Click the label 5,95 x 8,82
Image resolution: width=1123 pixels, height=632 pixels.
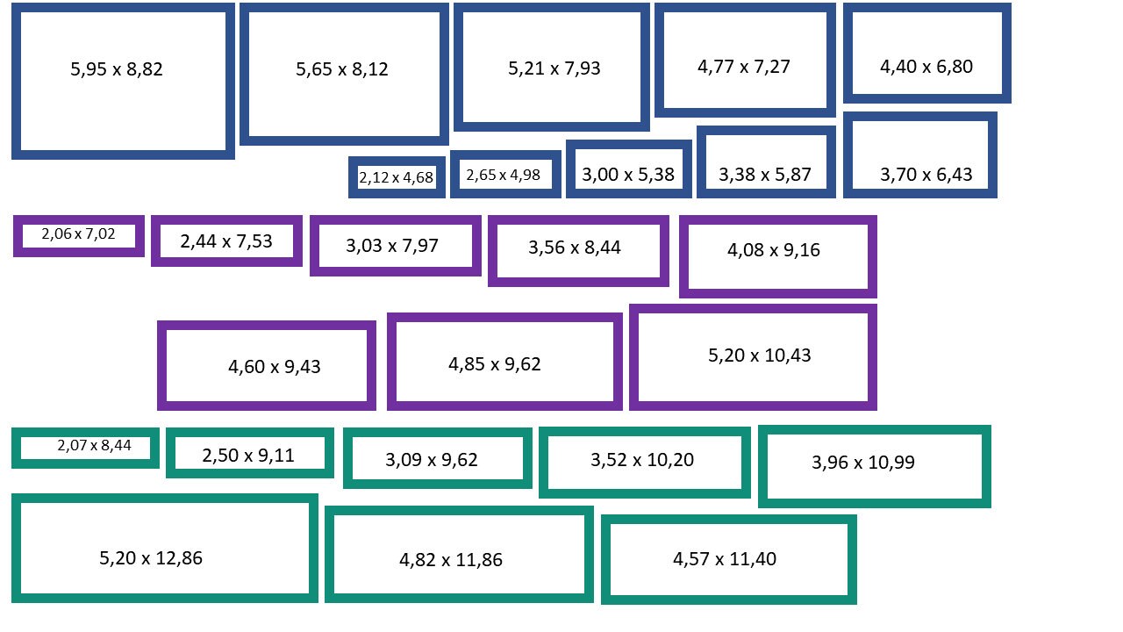coord(117,69)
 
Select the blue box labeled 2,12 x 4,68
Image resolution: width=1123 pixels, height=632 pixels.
coord(397,160)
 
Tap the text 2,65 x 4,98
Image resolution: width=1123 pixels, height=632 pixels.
coord(503,175)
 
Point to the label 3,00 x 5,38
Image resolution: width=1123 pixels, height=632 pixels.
coord(628,175)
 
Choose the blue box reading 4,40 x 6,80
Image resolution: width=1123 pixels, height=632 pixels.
coord(927,7)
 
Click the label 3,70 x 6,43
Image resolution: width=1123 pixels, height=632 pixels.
coord(926,175)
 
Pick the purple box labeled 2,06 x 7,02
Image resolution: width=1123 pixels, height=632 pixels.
coord(79,219)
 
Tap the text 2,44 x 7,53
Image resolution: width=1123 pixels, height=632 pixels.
coord(226,241)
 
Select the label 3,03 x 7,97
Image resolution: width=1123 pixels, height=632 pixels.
coord(392,245)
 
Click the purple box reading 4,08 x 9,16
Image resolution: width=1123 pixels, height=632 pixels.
coord(777,219)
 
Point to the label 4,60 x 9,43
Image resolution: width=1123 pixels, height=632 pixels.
coord(275,367)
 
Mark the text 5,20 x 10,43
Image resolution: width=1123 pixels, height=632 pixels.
coord(759,355)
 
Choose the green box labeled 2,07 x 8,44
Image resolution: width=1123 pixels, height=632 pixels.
coord(85,432)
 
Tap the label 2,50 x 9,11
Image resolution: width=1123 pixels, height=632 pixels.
coord(248,456)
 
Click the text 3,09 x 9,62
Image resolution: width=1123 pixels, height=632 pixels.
coord(431,459)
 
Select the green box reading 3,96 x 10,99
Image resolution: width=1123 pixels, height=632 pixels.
coord(875,429)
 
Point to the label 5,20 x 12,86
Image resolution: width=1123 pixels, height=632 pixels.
coord(150,557)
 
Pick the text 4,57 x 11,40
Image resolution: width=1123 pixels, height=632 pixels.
coord(725,559)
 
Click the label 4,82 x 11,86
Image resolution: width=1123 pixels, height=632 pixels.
coord(451,560)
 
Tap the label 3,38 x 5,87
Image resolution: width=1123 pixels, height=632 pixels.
coord(764,175)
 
